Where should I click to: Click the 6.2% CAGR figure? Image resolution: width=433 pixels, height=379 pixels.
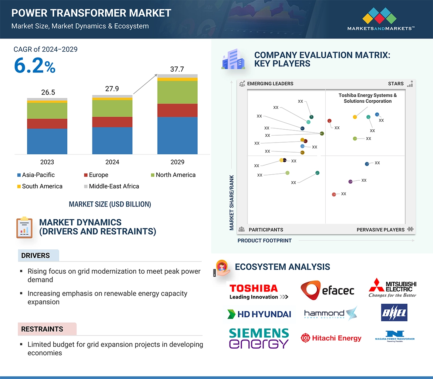(x=34, y=66)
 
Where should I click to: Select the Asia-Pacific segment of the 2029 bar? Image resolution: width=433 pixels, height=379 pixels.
(x=177, y=135)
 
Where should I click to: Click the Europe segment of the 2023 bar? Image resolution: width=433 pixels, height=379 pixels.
(x=47, y=123)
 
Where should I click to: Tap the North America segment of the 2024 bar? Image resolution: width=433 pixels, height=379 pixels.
(x=112, y=108)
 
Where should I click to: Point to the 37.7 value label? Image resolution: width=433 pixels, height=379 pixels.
(x=177, y=69)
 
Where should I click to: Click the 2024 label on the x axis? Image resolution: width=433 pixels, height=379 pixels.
(x=112, y=162)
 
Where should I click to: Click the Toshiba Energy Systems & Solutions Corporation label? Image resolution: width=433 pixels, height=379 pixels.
(x=367, y=98)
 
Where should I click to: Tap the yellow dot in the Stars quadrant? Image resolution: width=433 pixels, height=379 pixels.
(x=355, y=117)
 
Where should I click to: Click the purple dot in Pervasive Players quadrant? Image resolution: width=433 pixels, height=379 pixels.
(x=350, y=182)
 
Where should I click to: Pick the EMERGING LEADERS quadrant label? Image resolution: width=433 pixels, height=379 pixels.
(x=270, y=83)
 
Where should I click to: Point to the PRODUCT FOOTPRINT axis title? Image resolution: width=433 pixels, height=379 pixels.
(x=264, y=240)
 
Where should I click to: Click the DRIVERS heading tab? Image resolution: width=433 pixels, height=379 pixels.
(x=36, y=256)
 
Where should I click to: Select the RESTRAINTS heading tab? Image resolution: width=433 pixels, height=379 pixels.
(x=42, y=329)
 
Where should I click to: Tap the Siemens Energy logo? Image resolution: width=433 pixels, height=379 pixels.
(x=259, y=338)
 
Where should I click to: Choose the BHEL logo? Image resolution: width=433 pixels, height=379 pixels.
(x=394, y=313)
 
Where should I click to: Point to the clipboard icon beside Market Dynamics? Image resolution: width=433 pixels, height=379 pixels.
(x=24, y=227)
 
